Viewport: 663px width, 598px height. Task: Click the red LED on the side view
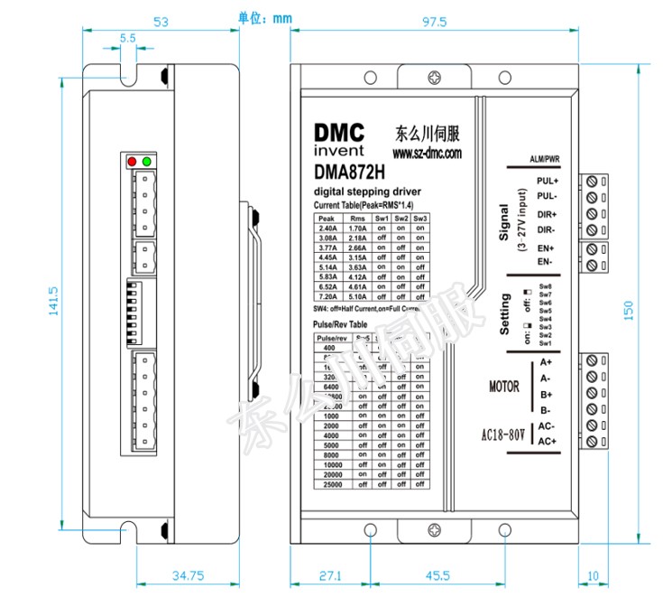(x=133, y=161)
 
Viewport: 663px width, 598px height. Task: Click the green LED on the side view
(x=146, y=161)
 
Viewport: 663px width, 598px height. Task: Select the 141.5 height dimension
(x=53, y=301)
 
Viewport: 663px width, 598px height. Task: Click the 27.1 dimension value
(x=331, y=575)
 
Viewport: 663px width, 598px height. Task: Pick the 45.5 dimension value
(x=438, y=575)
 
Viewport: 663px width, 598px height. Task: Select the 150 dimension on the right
(x=629, y=310)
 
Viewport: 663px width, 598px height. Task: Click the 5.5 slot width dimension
(x=127, y=39)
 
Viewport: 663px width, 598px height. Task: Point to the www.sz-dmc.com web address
(x=427, y=154)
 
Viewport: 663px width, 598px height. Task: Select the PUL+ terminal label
(x=548, y=182)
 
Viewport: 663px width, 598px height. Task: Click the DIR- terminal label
(x=548, y=229)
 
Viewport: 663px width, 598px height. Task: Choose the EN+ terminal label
(x=546, y=248)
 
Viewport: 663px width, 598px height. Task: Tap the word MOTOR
(x=504, y=387)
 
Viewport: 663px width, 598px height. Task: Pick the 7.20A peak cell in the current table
(x=327, y=295)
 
